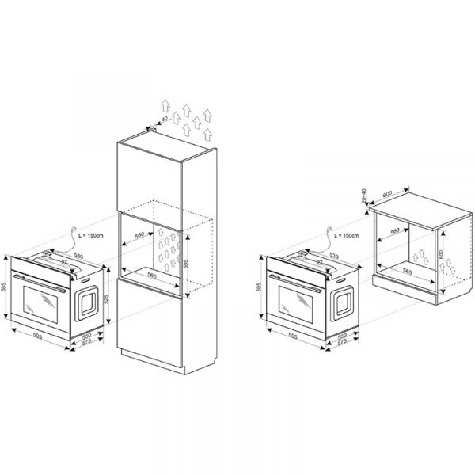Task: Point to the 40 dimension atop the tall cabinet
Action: point(165,120)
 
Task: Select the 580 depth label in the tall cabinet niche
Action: point(139,234)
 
